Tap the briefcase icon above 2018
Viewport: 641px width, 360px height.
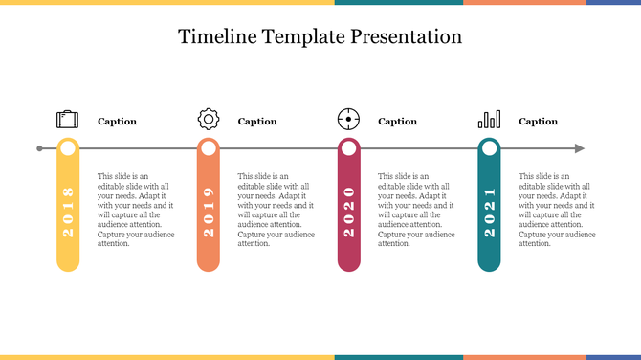[67, 120]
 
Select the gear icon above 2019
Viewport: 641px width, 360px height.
[209, 120]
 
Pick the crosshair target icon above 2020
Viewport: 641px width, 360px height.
[349, 120]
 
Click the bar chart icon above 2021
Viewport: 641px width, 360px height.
[489, 120]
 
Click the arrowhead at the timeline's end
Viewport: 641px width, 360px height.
[579, 148]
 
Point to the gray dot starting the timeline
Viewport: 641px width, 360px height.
[39, 148]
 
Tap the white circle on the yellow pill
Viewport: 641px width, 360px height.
[68, 148]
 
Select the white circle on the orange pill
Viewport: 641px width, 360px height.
[209, 148]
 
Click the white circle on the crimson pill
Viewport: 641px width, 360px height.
[349, 148]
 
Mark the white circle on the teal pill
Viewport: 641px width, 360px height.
[490, 148]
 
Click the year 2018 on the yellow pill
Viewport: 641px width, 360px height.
[68, 213]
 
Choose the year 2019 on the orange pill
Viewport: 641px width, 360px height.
[209, 213]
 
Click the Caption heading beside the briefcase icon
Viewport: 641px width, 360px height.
[117, 122]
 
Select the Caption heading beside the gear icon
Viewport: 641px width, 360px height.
[257, 122]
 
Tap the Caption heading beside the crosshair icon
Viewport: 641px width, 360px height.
[398, 122]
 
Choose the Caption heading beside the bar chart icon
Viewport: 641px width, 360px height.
[538, 122]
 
